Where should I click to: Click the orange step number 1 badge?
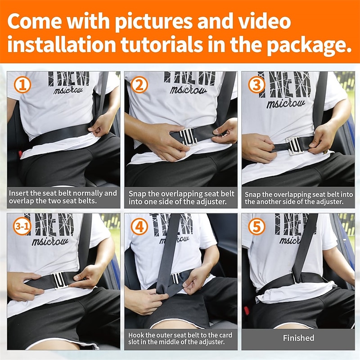[22, 85]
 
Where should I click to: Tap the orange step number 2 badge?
[139, 85]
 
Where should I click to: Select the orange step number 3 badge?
[256, 85]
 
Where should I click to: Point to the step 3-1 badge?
[22, 226]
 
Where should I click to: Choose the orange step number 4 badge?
[139, 226]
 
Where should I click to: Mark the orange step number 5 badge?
[256, 226]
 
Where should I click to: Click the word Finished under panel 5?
[298, 338]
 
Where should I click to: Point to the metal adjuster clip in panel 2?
[188, 137]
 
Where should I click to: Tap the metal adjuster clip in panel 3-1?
[60, 280]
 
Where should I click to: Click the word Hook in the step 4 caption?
[136, 335]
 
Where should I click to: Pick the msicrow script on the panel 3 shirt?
[286, 103]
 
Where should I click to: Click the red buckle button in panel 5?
[247, 310]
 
